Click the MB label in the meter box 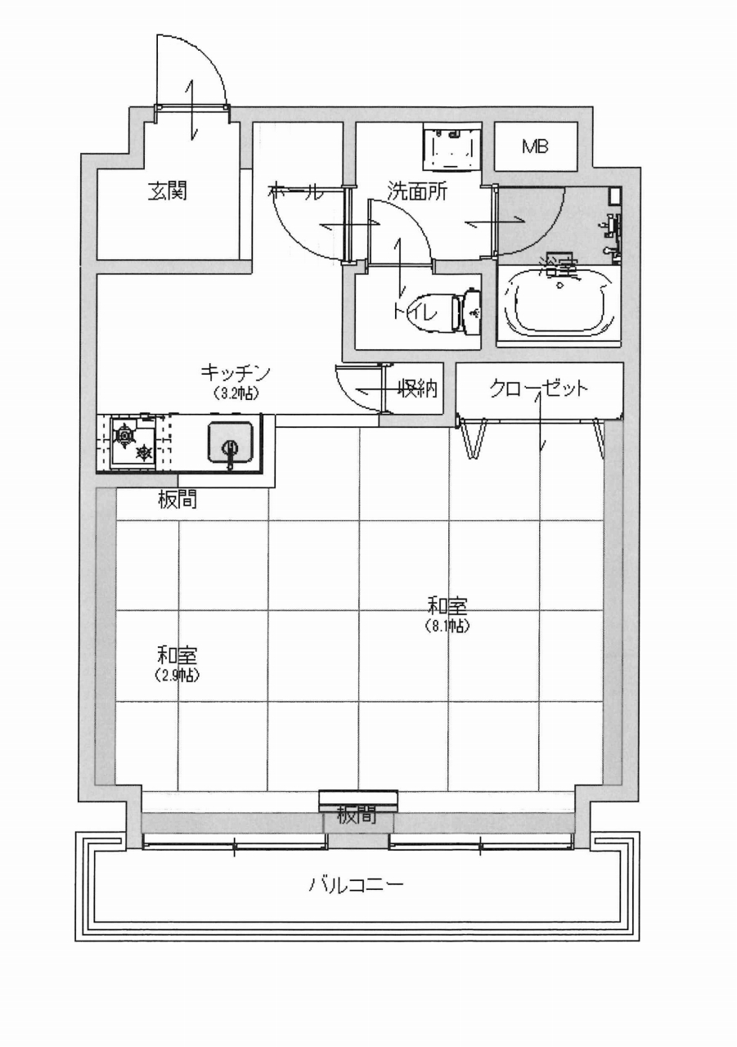[x=535, y=147]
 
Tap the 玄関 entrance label [x=168, y=191]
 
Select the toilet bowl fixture [x=460, y=309]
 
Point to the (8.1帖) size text [x=447, y=626]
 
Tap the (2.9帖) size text [x=177, y=676]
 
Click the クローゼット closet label [x=538, y=389]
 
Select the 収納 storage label [x=417, y=388]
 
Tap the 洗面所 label [x=417, y=191]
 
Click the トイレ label [x=415, y=312]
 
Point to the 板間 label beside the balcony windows [x=357, y=816]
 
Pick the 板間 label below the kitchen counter [x=177, y=500]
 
